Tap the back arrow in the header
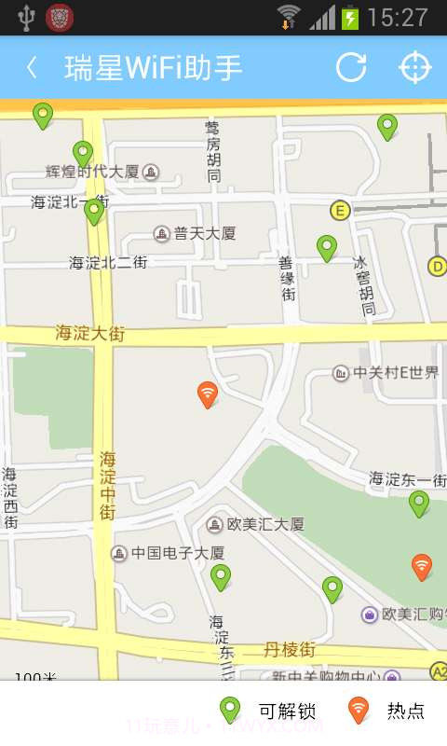[33, 67]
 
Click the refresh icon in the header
[351, 67]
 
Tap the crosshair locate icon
[415, 67]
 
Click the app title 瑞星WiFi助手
[154, 67]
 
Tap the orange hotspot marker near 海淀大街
[208, 394]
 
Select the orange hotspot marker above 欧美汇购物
[422, 566]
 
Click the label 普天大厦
[204, 233]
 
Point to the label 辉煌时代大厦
[93, 172]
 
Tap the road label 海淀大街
[89, 333]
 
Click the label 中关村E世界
[395, 373]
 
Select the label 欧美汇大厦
[265, 524]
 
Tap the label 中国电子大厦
[177, 553]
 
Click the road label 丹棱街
[290, 649]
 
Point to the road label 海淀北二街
[108, 263]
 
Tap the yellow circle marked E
[340, 211]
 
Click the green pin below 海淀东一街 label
[419, 504]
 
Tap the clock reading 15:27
[398, 17]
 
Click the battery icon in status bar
[350, 17]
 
